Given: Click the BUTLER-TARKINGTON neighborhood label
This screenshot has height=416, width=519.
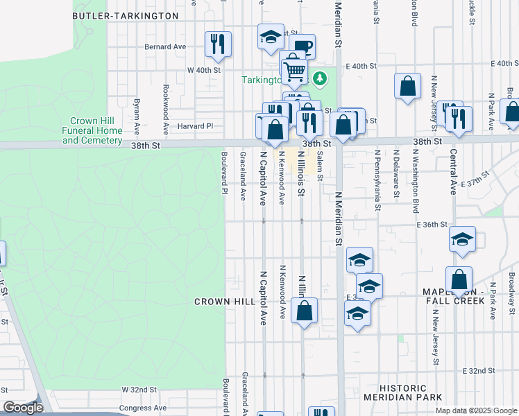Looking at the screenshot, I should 125,15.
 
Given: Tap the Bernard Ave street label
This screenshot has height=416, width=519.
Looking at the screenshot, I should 165,46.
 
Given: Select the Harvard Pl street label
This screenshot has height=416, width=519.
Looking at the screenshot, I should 195,126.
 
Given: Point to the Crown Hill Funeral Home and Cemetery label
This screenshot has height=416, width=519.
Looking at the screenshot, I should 92,130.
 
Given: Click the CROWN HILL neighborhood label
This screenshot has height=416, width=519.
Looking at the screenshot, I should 225,302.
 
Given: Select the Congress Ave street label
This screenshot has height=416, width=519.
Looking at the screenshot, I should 144,408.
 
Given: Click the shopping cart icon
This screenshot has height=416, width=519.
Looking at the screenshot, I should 294,69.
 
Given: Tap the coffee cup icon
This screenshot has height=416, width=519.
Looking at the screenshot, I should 303,46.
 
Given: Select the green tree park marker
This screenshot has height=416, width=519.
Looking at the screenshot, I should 319,78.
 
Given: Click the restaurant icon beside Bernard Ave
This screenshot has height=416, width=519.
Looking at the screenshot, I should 219,44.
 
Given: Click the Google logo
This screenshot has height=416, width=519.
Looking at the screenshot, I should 22,408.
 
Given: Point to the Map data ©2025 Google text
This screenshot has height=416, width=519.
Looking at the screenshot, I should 476,410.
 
